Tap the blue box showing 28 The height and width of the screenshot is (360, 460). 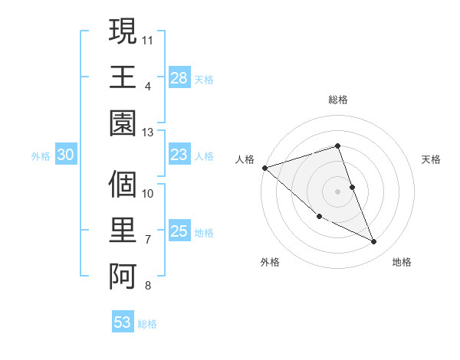coord(179,77)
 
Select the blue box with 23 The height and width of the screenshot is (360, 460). coord(179,155)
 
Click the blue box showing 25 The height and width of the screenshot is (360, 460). coord(179,231)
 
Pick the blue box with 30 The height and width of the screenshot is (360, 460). coord(66,155)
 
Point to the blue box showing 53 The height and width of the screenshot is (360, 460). coord(123,322)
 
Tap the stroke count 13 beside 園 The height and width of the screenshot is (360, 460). coord(148,132)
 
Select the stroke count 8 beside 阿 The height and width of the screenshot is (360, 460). coord(147,286)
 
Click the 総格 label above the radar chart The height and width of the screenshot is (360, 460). coord(338,100)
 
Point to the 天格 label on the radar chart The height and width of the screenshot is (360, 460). coord(432,159)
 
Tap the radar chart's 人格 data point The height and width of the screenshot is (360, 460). coord(264,167)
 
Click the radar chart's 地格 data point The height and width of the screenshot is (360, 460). coord(374,242)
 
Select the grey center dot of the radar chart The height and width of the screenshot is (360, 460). coord(338,191)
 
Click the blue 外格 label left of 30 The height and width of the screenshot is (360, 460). coord(41,155)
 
